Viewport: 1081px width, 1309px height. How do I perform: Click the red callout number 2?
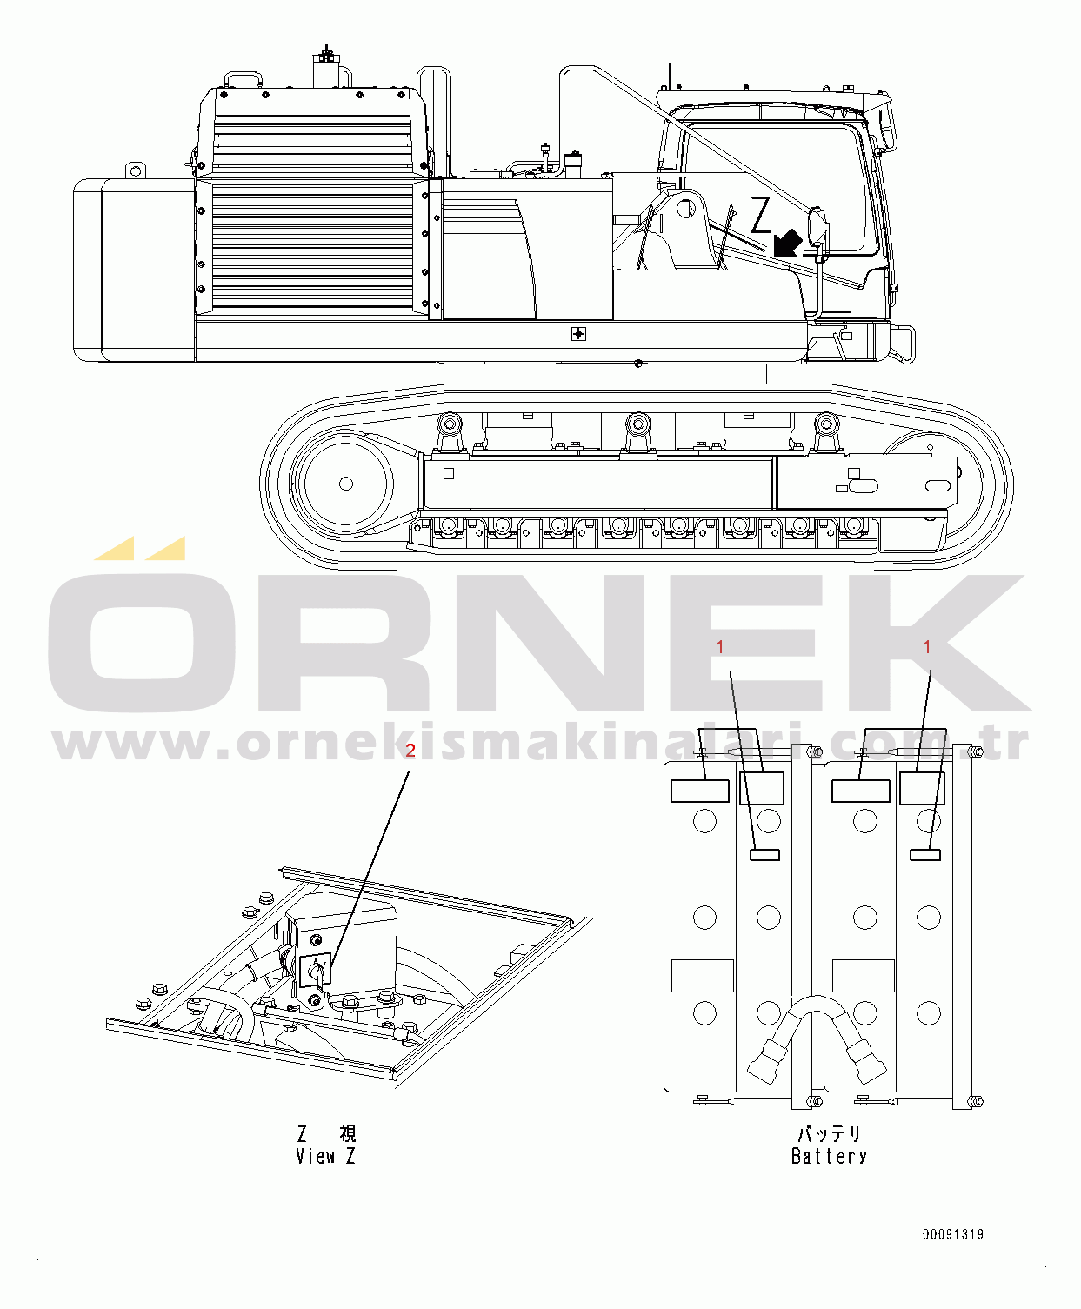coord(410,751)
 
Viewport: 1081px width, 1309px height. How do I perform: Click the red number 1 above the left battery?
coord(720,647)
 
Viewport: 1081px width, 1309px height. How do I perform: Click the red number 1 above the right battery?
coord(927,647)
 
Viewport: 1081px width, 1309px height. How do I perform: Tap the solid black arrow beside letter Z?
coord(788,243)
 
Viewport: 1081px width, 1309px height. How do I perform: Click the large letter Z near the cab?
coord(761,215)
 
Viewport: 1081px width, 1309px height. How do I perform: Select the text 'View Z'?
coord(325,1156)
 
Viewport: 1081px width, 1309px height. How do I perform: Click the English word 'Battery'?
coord(829,1156)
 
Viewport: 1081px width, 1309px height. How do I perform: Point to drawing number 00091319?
coord(952,1234)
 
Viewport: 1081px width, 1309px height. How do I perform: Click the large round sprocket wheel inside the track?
coord(345,484)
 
